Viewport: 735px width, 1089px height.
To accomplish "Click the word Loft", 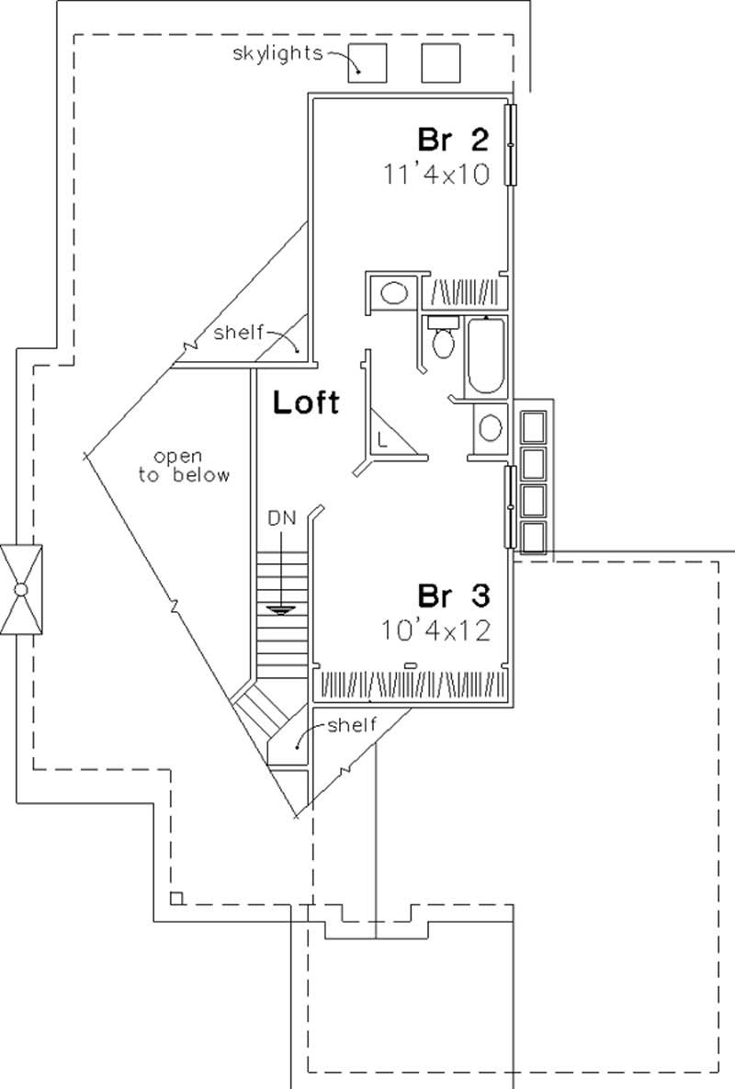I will click(306, 402).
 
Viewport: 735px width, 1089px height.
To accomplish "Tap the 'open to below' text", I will click(191, 466).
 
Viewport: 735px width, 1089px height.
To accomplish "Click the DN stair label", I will click(281, 518).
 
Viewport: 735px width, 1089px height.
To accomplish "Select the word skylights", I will click(277, 53).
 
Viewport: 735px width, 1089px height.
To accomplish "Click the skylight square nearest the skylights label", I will click(367, 62).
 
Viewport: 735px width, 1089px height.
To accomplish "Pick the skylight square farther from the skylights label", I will click(441, 62).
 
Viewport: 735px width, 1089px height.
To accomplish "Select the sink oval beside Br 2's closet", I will click(394, 293).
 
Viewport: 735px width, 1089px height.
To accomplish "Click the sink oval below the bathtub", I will click(492, 427).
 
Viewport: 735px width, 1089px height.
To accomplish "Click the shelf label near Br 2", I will click(239, 332).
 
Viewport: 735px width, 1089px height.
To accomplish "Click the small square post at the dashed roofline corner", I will click(176, 897).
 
